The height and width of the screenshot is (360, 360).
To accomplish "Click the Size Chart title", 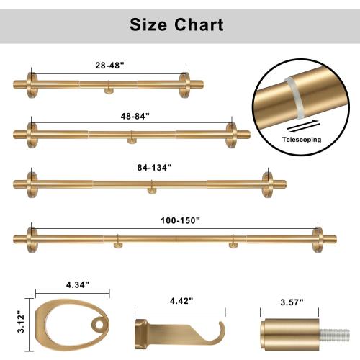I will (x=176, y=25).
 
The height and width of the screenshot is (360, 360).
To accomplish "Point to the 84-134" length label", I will (x=151, y=167).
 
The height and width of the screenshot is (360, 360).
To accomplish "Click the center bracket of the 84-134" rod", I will (x=151, y=189).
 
